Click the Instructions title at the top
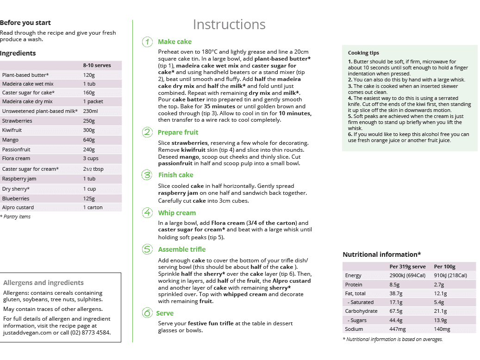click(229, 24)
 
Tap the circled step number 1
click(147, 42)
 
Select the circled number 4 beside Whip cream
click(147, 213)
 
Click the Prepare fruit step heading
click(178, 132)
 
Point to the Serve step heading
click(165, 313)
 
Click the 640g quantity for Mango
click(89, 139)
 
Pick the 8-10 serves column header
click(97, 65)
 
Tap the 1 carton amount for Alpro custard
click(93, 207)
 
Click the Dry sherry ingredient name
click(15, 189)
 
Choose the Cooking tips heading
click(363, 53)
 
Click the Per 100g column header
click(444, 267)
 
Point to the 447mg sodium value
click(398, 329)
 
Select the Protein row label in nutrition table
click(354, 285)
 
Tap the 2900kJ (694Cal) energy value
click(408, 275)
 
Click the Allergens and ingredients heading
click(44, 283)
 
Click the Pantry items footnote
click(16, 217)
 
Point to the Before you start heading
click(25, 23)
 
